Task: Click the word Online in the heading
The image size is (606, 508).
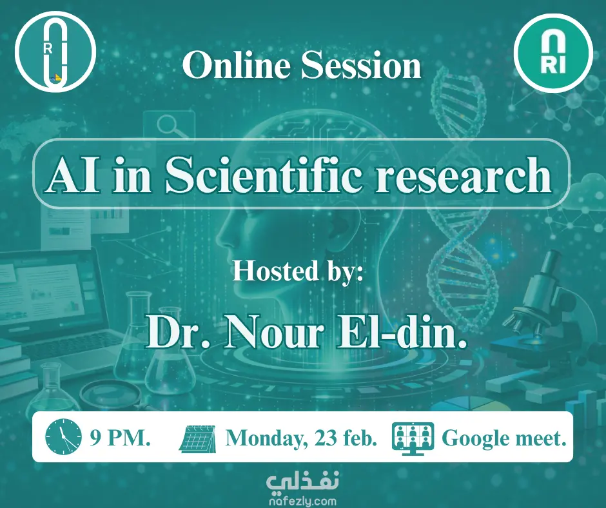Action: [237, 65]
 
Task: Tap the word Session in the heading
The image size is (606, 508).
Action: [361, 65]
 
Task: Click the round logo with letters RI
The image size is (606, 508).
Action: [553, 53]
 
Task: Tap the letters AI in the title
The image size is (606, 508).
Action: [72, 175]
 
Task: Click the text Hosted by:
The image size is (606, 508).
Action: [298, 271]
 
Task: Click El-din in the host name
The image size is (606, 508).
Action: [402, 331]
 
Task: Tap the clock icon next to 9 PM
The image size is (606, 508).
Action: [64, 437]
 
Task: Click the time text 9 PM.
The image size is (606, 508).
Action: [120, 438]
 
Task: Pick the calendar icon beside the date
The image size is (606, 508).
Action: [198, 438]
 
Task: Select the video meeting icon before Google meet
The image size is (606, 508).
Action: [413, 438]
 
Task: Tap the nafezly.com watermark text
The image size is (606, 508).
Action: [302, 501]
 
